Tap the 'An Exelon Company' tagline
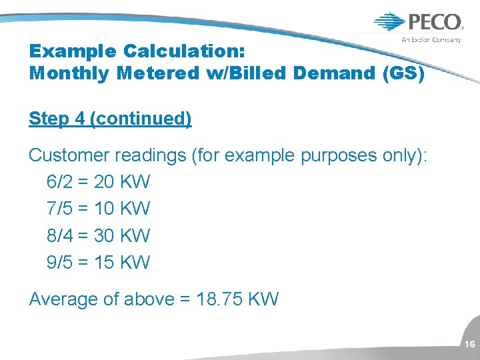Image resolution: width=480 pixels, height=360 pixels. pos(431,39)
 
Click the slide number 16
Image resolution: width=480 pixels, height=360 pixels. pos(469,344)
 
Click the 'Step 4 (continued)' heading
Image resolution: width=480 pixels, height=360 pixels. pos(110,119)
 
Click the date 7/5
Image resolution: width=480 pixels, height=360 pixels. pos(59,208)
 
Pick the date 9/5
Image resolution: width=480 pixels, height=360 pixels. pos(59,262)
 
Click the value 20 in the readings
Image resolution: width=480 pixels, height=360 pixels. pos(104,181)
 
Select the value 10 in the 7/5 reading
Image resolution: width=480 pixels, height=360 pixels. pos(104,208)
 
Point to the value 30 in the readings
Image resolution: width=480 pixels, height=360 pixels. pos(104,235)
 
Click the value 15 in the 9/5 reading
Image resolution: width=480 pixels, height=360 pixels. pos(104,262)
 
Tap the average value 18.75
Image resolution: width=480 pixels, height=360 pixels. pos(220,299)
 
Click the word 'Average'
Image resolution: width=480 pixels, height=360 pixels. pos(63,299)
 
